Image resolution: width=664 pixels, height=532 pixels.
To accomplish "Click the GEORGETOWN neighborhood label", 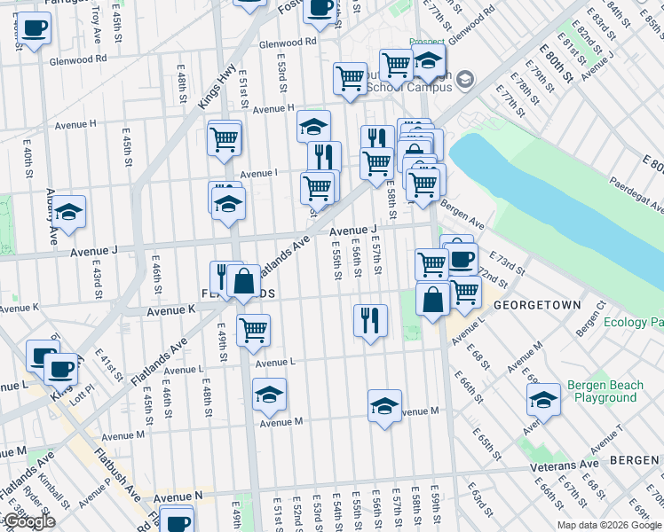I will (537, 304).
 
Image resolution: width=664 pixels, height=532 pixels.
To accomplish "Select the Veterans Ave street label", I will (565, 465).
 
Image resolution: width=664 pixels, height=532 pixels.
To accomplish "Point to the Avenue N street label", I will (178, 497).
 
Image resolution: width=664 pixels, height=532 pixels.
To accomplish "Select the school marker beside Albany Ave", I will (68, 212).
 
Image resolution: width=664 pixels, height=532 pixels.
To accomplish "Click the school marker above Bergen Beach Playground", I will (542, 399).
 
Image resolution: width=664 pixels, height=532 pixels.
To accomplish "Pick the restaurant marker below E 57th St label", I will (370, 319).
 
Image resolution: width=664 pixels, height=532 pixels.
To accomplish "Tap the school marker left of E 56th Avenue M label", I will (384, 406).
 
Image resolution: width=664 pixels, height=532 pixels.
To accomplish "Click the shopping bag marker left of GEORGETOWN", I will (432, 299).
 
